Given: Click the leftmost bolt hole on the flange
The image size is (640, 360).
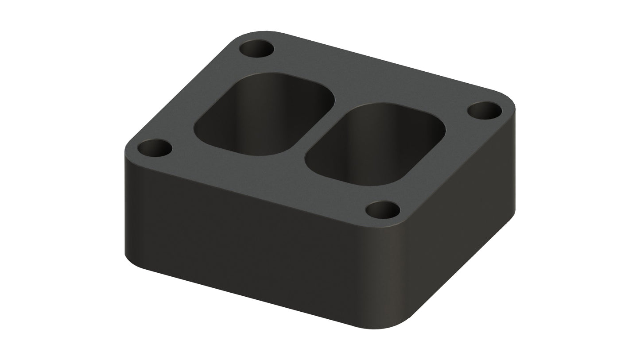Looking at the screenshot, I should [155, 148].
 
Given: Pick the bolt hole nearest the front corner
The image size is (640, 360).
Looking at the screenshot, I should [383, 209].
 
